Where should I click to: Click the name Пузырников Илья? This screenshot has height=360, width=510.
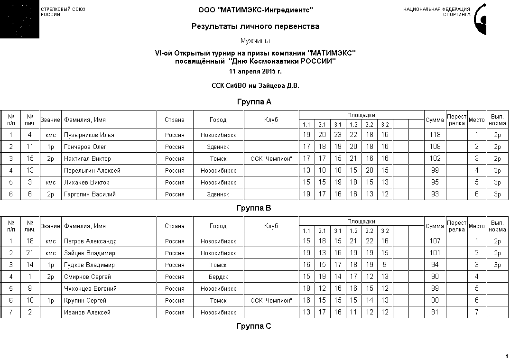coord(89,135)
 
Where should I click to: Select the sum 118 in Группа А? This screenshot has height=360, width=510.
coord(435,135)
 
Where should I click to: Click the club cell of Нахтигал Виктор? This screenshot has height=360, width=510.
coord(271,159)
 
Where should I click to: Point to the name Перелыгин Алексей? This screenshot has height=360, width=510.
coord(92,171)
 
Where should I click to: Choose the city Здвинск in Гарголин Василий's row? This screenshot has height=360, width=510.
coord(218,194)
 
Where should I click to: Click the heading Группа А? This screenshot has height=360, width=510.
coord(254,102)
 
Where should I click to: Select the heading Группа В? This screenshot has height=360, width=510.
coord(254,208)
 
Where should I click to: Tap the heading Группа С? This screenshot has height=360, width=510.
coord(254,326)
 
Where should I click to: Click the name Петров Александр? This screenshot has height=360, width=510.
coord(90,241)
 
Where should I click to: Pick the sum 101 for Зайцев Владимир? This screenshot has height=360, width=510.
coord(435,253)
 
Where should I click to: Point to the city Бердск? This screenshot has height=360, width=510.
coord(218,277)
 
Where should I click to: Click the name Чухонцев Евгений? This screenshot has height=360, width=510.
coord(90,289)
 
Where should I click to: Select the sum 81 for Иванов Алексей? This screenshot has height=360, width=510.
coord(435,313)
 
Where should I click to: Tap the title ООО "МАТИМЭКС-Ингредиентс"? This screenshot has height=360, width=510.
coord(255,10)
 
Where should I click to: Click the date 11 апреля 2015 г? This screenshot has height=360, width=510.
coord(255,72)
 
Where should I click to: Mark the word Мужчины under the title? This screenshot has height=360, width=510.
coord(255,41)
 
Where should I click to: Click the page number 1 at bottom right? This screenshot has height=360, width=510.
coord(507,356)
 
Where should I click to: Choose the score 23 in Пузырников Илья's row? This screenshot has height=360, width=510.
coord(338,135)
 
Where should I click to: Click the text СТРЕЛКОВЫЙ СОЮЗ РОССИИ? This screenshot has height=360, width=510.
coord(63,12)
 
